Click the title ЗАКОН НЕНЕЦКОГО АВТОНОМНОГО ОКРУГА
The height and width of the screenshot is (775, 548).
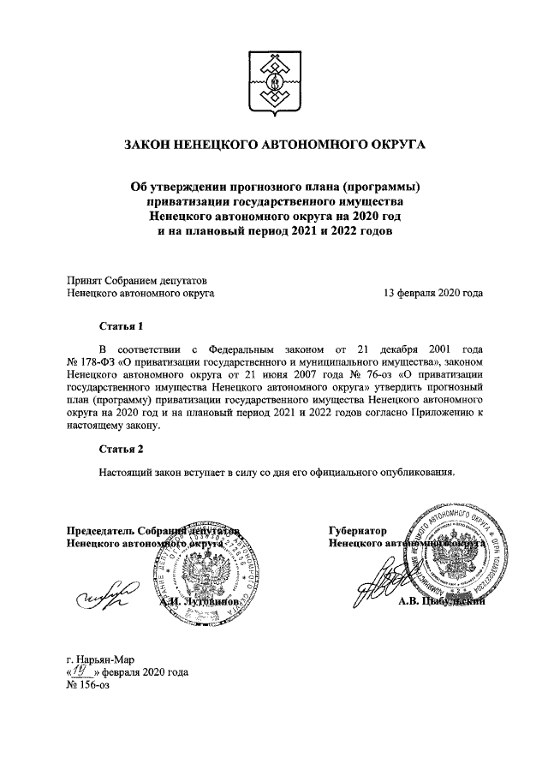click(x=274, y=146)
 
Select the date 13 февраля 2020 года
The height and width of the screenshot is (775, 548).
click(x=433, y=293)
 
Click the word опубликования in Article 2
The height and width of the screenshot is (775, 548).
click(x=414, y=471)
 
